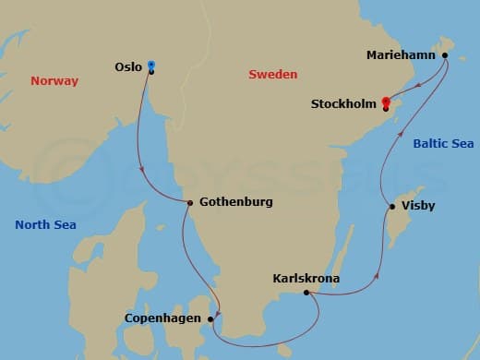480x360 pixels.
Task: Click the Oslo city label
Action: click(128, 66)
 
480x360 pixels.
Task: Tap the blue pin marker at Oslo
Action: click(151, 66)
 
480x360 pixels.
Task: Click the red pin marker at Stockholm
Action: click(385, 102)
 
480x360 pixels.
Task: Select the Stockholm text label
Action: click(343, 104)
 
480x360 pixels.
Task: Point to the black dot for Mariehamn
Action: click(445, 55)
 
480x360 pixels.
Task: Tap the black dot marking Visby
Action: click(392, 206)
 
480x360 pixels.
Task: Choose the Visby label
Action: click(420, 206)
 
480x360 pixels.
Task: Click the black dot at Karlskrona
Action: click(306, 293)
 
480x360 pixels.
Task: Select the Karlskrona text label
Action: click(306, 278)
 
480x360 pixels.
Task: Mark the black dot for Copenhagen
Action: click(212, 318)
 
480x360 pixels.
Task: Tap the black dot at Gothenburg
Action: click(189, 203)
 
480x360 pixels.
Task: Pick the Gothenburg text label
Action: click(234, 202)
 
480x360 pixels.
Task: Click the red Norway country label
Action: click(54, 81)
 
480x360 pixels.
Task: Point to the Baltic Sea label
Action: click(443, 144)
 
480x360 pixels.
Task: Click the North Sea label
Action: click(45, 224)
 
